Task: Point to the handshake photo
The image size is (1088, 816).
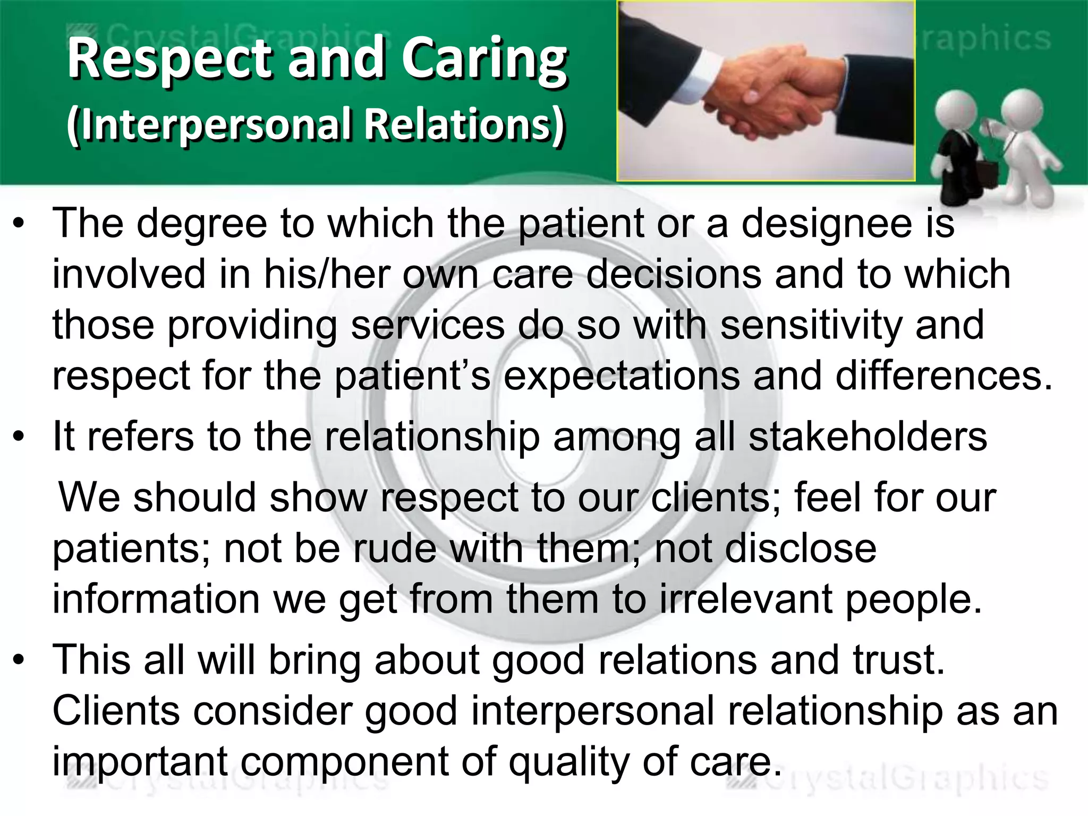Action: coord(765,90)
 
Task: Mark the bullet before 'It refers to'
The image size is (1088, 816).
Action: coord(20,437)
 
